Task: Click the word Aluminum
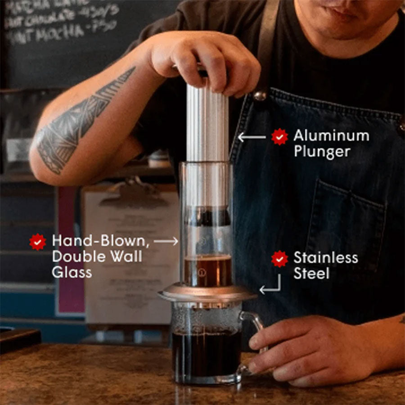point(331,135)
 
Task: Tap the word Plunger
point(322,151)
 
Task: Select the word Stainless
point(326,258)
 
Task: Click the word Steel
point(311,273)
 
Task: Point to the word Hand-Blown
point(100,241)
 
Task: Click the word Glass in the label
point(72,272)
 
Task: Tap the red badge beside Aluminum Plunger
point(279,136)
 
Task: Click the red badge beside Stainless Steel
point(279,259)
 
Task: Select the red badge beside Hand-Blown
point(38,242)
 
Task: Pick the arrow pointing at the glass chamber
point(166,242)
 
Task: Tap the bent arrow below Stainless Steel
point(271,285)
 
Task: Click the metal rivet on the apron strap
point(260,95)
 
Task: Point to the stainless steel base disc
point(207,295)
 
